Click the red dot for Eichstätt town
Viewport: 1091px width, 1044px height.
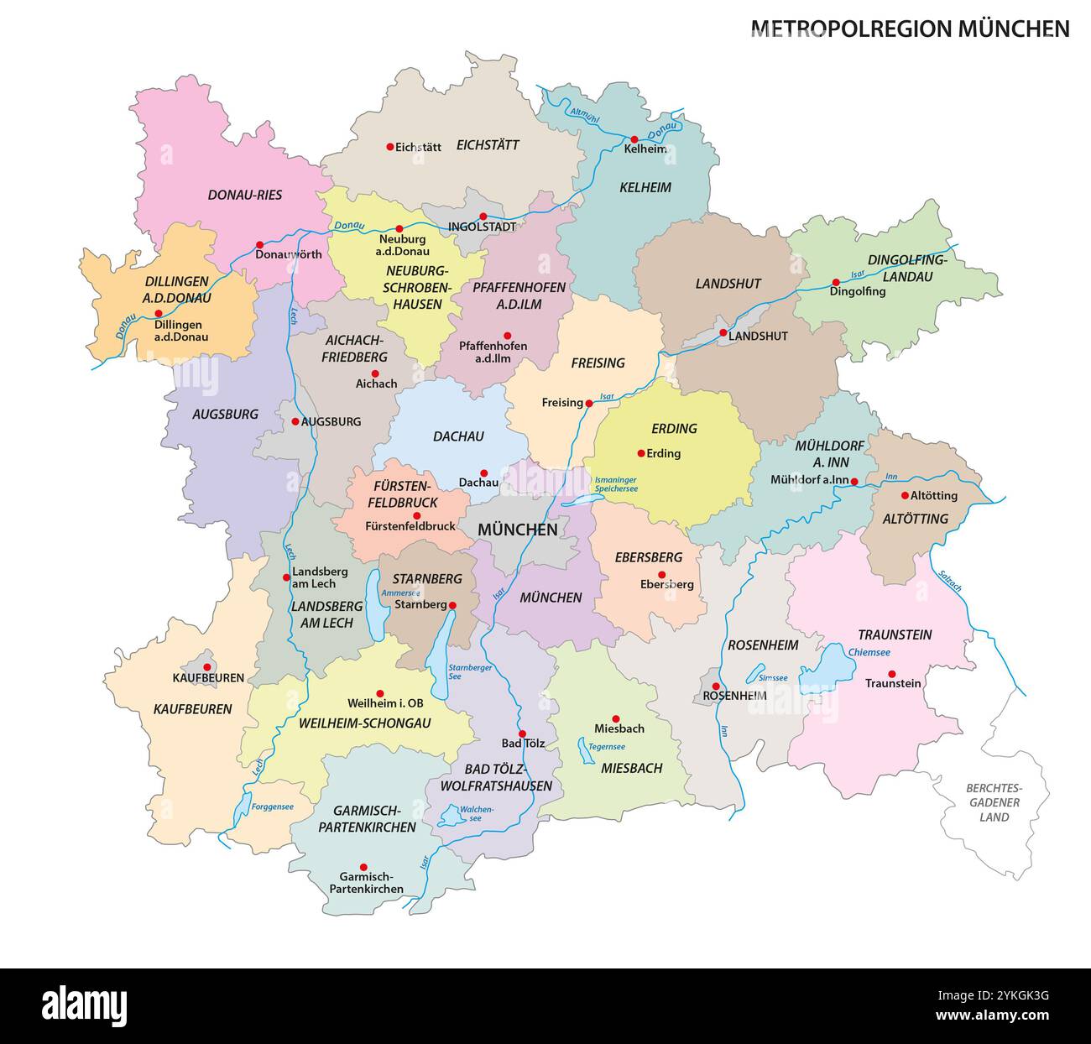coord(389,146)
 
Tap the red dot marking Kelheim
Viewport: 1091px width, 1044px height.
coord(634,139)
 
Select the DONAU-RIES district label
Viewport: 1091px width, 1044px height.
coord(245,195)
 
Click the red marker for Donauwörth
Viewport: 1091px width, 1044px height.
coord(260,245)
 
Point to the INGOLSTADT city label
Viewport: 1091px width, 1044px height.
coord(482,227)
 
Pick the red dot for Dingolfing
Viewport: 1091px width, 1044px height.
coord(835,282)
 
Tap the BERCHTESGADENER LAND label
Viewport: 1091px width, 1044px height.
coord(993,802)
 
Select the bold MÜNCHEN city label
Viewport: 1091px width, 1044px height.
coord(517,530)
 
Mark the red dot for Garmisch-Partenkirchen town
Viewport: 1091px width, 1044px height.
coord(363,867)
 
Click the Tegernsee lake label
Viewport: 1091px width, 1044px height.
coord(607,746)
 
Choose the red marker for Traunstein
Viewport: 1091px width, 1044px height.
coord(891,673)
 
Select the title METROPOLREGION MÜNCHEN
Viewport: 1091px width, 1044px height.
coord(910,29)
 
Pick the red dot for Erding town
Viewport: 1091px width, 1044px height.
coord(641,453)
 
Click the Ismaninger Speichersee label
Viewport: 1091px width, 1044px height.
coord(617,483)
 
